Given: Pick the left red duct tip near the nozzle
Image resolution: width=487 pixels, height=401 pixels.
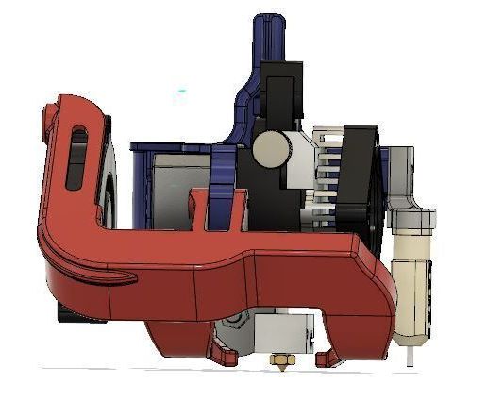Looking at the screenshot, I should (225, 356).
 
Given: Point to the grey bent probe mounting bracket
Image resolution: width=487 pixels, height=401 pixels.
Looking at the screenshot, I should (404, 179).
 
